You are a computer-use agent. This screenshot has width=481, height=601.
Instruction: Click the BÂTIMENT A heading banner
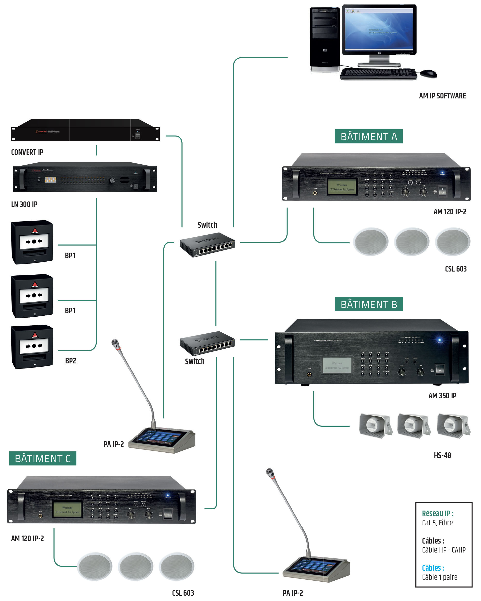pos(368,136)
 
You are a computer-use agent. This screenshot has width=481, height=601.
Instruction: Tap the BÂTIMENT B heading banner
pos(368,304)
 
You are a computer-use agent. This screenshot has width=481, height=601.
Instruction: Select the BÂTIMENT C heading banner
pos(42,458)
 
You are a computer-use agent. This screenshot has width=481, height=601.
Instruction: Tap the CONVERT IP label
pos(27,152)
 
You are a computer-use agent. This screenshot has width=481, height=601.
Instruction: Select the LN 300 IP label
pos(24,204)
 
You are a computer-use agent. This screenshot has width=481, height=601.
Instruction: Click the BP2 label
pos(71,361)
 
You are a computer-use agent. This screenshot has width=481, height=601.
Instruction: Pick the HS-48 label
pos(442,455)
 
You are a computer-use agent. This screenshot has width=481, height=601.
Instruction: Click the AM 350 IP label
pos(442,396)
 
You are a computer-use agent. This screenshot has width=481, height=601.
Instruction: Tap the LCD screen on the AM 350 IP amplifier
pos(337,365)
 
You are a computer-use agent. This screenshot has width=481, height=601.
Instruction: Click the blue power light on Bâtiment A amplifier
pos(442,173)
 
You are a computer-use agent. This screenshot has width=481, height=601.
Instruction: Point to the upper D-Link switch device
pos(207,244)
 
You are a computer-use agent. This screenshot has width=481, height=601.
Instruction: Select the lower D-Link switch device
pos(207,343)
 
